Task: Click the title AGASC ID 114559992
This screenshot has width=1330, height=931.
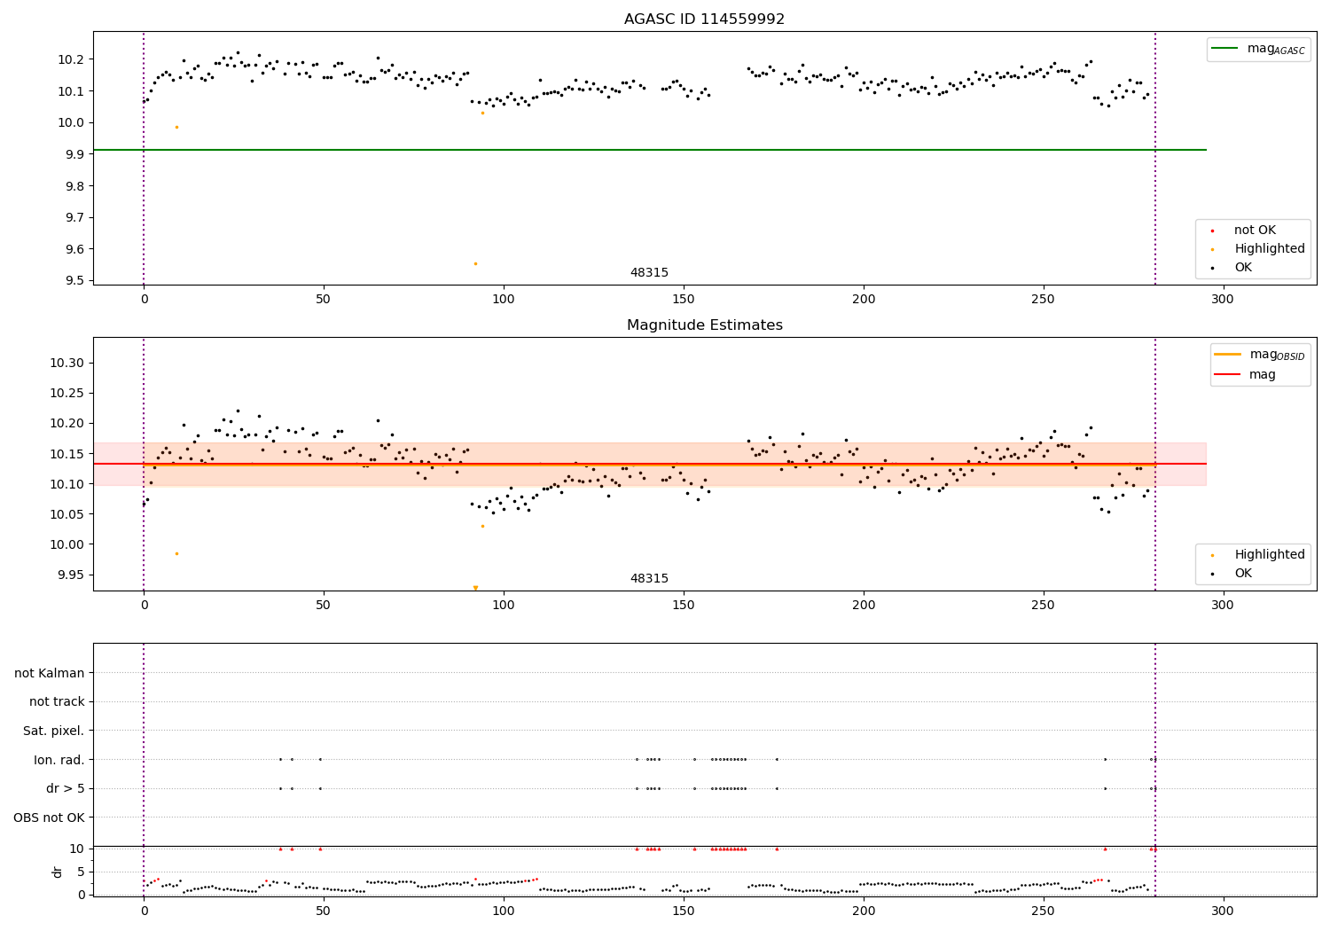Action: point(704,20)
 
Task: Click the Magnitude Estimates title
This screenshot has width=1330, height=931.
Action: point(704,325)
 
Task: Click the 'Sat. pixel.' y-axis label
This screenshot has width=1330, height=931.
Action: point(54,731)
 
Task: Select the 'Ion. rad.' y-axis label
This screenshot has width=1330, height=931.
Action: point(59,760)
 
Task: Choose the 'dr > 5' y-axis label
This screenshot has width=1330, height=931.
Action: point(66,788)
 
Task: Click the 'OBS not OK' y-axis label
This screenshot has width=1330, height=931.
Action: point(50,818)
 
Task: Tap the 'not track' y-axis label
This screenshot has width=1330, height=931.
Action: point(57,702)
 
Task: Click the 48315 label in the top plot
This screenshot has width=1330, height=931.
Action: point(649,273)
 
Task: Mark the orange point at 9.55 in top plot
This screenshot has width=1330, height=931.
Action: point(475,263)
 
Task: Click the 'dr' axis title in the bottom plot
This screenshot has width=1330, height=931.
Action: point(58,872)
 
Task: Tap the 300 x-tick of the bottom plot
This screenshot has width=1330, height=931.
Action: point(1223,911)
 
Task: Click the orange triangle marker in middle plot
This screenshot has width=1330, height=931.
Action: point(475,588)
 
